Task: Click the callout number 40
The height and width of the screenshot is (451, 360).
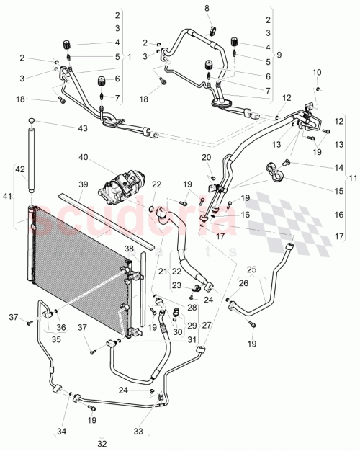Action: tap(84, 156)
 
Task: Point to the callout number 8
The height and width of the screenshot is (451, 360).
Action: tap(207, 8)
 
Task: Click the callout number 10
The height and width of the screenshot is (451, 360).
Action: tap(317, 73)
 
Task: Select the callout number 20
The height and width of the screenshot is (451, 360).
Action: tap(207, 157)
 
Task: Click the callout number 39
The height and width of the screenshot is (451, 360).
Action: tap(84, 185)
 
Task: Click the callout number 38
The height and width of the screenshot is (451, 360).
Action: tap(128, 249)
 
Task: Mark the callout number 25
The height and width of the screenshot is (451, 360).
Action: tap(251, 269)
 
